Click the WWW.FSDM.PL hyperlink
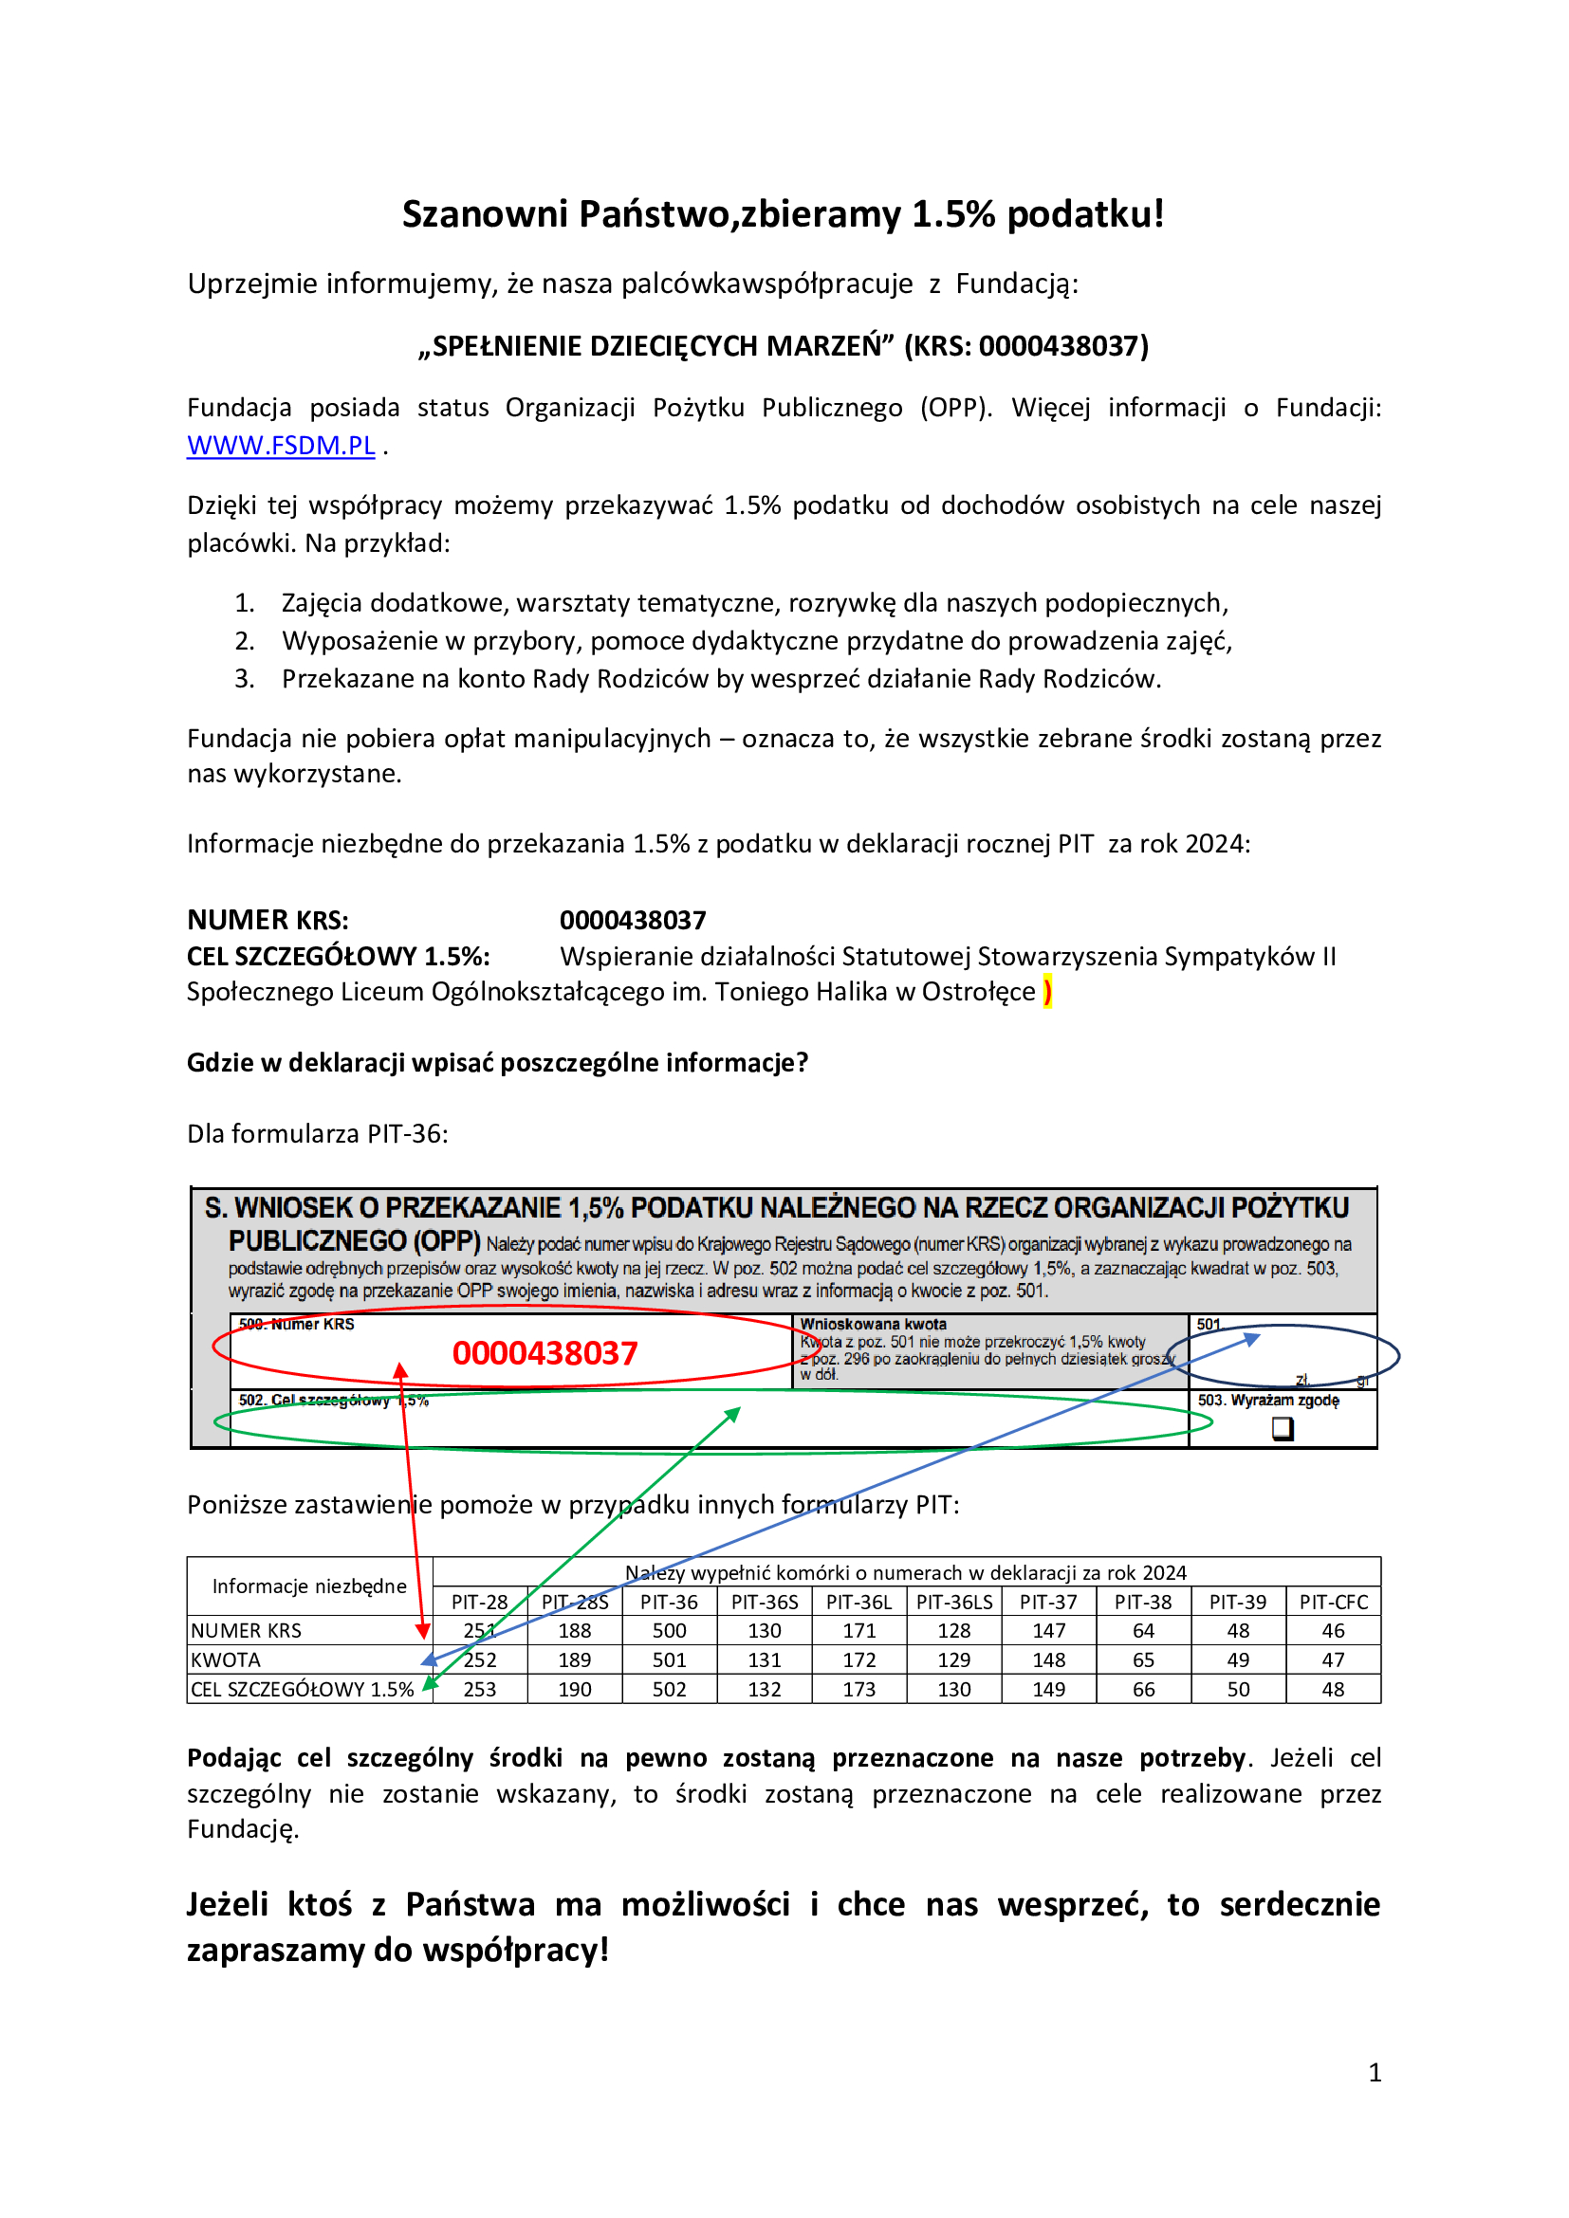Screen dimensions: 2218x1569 pos(280,446)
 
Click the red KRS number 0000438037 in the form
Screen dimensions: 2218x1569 pos(545,1353)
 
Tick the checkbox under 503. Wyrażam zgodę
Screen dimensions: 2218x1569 pos(1283,1428)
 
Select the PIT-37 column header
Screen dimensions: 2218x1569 pos(1048,1602)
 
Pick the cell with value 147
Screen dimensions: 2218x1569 pos(1048,1631)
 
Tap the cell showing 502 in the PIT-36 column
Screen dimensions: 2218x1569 pos(669,1690)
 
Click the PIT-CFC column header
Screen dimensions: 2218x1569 pos(1333,1602)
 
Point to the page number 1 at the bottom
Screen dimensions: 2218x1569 pos(1374,2073)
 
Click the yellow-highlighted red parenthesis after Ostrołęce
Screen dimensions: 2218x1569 pos(1048,991)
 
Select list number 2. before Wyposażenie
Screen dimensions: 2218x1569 pos(245,640)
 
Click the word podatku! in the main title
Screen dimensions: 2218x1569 pos(1085,214)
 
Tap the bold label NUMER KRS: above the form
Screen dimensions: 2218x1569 pos(268,920)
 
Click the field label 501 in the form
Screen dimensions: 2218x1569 pos(1209,1325)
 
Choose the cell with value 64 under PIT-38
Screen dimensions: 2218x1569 pos(1143,1631)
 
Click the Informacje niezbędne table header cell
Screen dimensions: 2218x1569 pos(309,1586)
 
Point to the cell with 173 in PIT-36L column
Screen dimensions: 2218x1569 pos(858,1690)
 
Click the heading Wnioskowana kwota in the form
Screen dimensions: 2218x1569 pos(874,1325)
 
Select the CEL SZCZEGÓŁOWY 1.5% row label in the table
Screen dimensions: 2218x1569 pos(303,1690)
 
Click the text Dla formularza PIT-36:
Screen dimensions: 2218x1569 pos(318,1133)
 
